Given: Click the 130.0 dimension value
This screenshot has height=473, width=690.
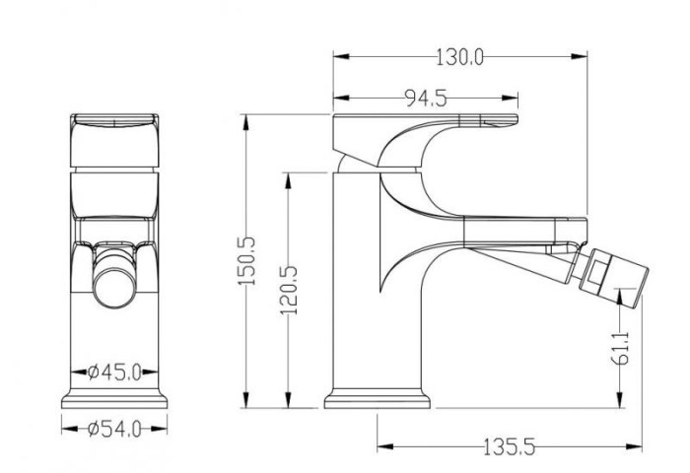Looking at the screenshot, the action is pos(459,57).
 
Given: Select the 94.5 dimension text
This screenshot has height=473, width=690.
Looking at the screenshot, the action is pos(426,99).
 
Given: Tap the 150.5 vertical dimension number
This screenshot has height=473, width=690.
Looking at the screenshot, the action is pos(246,261).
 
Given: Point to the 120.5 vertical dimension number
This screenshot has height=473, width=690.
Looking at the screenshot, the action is pos(289,290).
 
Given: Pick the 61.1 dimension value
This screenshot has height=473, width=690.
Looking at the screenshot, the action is pos(621,348).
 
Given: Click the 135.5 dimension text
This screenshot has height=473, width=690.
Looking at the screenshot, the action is pos(510,447).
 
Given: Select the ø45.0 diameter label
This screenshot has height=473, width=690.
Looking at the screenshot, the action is pos(114,372).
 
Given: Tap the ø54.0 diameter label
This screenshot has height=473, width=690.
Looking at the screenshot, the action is pos(114,429).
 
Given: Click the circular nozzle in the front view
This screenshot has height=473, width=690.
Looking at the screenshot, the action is pos(115,287).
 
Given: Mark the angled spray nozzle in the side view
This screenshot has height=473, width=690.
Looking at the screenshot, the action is pos(613,278).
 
